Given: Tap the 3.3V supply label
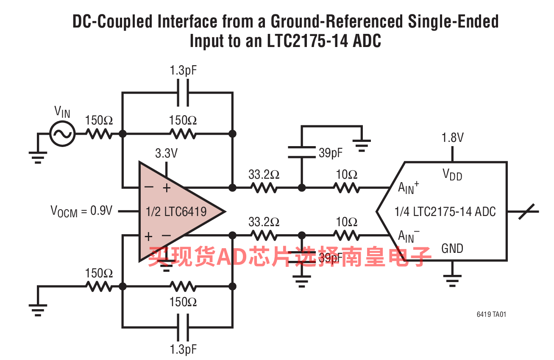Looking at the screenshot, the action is pyautogui.click(x=166, y=153).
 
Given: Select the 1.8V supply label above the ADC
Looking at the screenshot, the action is pyautogui.click(x=452, y=138).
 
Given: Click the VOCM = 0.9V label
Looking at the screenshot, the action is pyautogui.click(x=81, y=211).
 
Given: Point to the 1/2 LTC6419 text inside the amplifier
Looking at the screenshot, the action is pyautogui.click(x=176, y=212).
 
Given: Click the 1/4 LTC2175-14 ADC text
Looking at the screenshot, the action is pyautogui.click(x=445, y=212).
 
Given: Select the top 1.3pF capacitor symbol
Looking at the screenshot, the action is pyautogui.click(x=183, y=93).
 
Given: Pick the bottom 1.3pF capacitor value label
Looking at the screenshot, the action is pyautogui.click(x=183, y=349).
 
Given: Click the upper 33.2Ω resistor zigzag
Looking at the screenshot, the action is pyautogui.click(x=264, y=188).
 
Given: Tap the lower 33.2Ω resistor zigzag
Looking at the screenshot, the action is pyautogui.click(x=264, y=235).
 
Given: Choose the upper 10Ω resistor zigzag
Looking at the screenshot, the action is pyautogui.click(x=346, y=188).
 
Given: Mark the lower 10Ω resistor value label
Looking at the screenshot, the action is pyautogui.click(x=346, y=222).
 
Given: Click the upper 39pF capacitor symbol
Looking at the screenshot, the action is pyautogui.click(x=302, y=152).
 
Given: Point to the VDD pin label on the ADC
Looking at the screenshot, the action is pyautogui.click(x=452, y=175).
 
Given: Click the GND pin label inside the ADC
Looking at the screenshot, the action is pyautogui.click(x=452, y=249).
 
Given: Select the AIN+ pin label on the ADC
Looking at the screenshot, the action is pyautogui.click(x=408, y=188).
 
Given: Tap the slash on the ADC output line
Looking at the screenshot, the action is pyautogui.click(x=526, y=211).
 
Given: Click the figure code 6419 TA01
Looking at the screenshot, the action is pyautogui.click(x=491, y=314).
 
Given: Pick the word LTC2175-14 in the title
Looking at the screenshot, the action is pyautogui.click(x=307, y=41).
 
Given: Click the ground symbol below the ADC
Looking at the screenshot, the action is pyautogui.click(x=452, y=281).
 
